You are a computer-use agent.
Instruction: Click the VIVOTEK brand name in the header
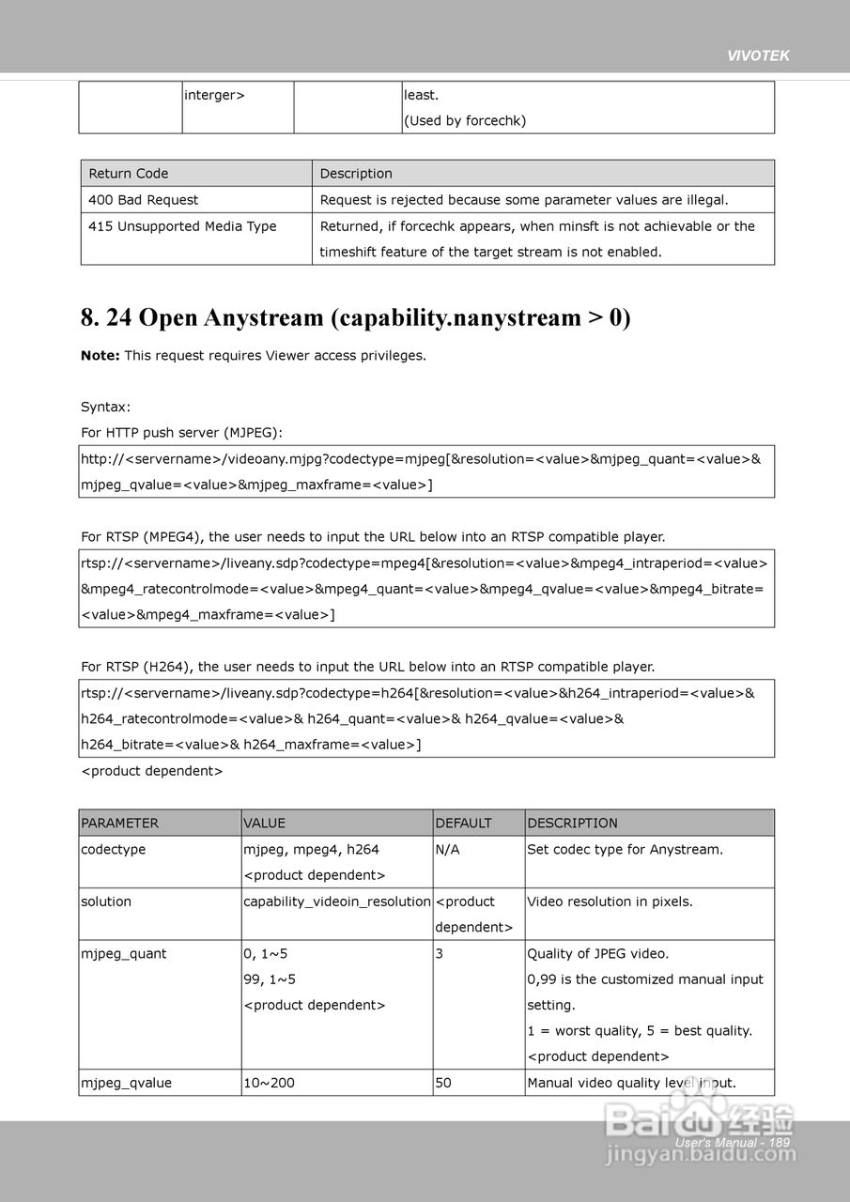click(758, 55)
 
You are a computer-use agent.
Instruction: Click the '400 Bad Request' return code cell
click(144, 200)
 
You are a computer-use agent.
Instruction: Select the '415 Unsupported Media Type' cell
click(182, 226)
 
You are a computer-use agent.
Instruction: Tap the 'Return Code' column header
click(129, 174)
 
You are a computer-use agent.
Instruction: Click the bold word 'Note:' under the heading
click(100, 356)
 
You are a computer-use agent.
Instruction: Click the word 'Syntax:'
click(106, 408)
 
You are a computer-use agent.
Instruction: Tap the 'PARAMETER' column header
click(120, 824)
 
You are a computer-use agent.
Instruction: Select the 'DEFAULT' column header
click(463, 824)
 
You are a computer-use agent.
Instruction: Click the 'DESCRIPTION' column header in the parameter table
click(572, 824)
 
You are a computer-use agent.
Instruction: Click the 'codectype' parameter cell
click(114, 850)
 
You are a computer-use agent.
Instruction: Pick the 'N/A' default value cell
click(447, 850)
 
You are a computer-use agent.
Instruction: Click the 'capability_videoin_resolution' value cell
click(336, 901)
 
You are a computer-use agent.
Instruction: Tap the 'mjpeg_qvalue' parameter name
click(126, 1083)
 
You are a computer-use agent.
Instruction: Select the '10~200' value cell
click(269, 1083)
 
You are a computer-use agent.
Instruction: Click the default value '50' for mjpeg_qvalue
click(443, 1083)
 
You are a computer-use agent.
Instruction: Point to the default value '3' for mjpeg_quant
click(440, 954)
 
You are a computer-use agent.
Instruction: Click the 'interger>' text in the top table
click(214, 95)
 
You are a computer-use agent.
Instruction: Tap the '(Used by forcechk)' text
click(465, 121)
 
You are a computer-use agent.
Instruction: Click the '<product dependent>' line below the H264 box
click(152, 771)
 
